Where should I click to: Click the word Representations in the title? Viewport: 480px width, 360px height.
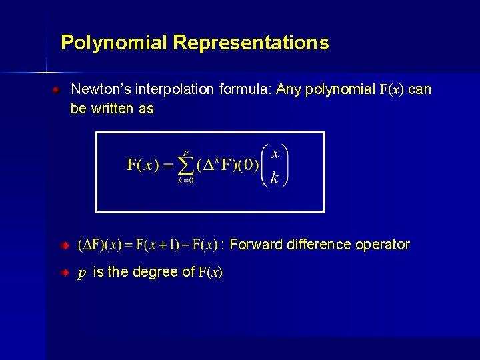251,43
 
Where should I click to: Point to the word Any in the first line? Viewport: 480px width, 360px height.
289,89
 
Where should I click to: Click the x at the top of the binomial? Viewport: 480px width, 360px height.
275,153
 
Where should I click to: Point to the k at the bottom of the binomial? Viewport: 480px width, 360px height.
275,178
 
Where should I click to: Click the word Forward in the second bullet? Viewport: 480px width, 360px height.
256,245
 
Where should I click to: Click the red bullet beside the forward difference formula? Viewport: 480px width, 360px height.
65,246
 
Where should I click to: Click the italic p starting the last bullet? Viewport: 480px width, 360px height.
81,272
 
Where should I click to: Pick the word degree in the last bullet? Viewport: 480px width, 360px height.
157,272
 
